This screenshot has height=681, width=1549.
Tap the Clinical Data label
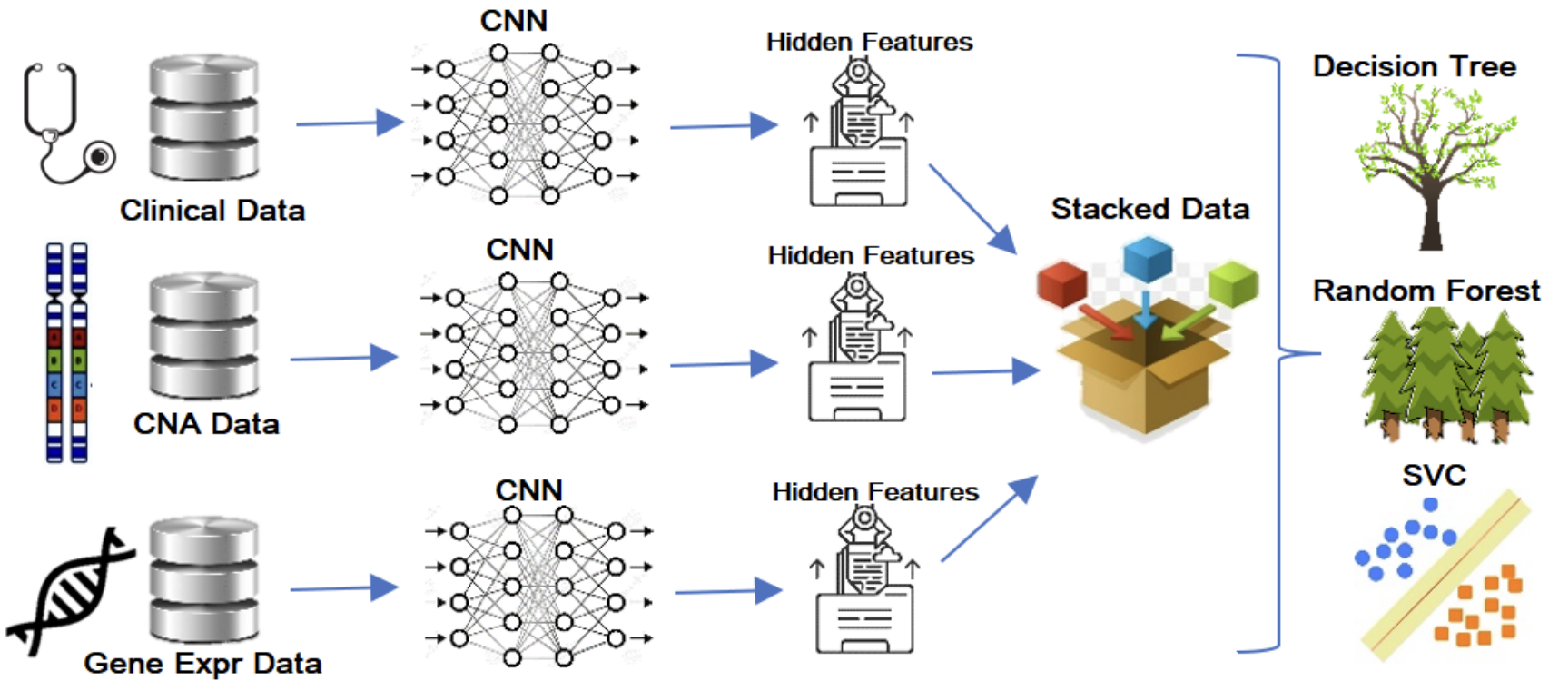[x=212, y=210]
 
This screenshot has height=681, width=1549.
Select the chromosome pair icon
[x=66, y=352]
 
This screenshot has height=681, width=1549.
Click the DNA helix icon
[x=69, y=591]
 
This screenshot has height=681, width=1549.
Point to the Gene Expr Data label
[x=202, y=663]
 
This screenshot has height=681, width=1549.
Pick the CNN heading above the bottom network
[x=529, y=490]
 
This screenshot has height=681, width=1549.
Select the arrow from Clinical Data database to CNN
[x=350, y=123]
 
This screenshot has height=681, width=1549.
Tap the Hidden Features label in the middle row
[x=871, y=256]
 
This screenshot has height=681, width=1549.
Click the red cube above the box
[x=1062, y=282]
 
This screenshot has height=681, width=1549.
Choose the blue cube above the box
[x=1148, y=259]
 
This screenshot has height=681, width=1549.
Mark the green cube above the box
[x=1234, y=282]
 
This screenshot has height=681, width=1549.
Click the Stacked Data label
[x=1150, y=208]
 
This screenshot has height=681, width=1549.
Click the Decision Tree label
[x=1414, y=66]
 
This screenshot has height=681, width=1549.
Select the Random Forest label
[x=1426, y=291]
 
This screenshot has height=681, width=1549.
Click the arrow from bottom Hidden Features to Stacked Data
[x=990, y=518]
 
